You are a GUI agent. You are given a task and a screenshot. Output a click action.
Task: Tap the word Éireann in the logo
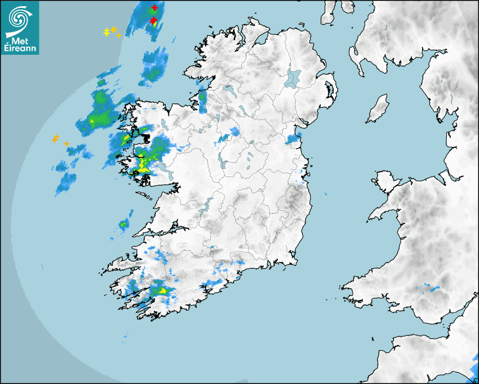20,49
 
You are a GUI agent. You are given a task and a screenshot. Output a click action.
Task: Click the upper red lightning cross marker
154,8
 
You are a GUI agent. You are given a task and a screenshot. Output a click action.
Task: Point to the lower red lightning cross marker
153,20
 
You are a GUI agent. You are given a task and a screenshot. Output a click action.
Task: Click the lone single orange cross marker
66,144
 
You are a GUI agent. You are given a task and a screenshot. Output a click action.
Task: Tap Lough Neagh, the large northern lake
293,77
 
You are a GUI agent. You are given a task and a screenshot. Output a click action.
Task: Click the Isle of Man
378,108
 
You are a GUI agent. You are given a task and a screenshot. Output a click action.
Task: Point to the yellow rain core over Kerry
162,291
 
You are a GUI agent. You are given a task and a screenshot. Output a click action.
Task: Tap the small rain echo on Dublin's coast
293,139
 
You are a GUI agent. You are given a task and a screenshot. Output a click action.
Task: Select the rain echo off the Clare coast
123,225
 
